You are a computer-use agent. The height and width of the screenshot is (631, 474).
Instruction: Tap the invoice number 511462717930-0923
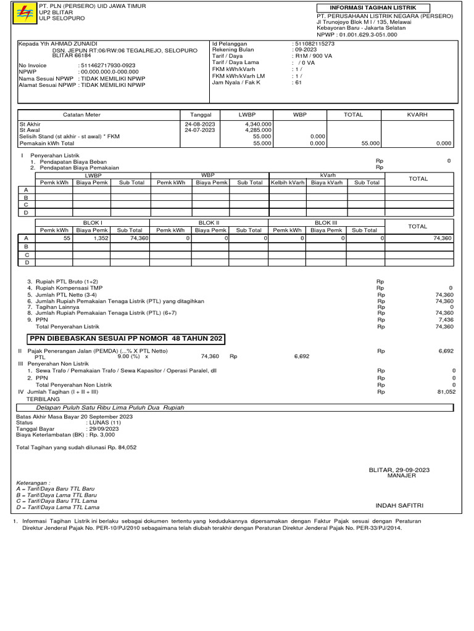tap(107, 65)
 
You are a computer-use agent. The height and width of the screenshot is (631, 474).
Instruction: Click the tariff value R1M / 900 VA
tap(314, 56)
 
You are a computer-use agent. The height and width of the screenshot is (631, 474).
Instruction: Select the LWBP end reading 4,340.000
tap(258, 124)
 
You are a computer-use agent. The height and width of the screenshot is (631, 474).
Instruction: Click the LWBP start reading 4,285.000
tap(258, 130)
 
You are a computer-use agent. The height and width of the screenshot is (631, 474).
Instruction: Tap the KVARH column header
tap(417, 115)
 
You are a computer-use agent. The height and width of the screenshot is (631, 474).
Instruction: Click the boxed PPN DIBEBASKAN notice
tap(126, 339)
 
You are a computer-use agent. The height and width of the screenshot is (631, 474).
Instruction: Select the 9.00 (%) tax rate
tap(129, 356)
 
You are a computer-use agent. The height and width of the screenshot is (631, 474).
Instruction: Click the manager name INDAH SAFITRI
tap(399, 505)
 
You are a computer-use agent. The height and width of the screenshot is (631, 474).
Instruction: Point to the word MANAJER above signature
tap(401, 476)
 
